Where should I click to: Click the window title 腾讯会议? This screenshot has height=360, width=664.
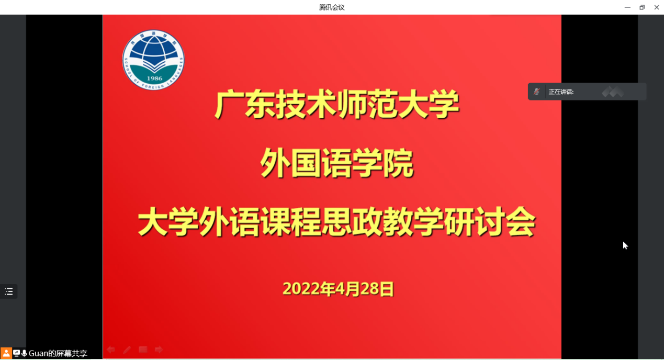[x=332, y=7]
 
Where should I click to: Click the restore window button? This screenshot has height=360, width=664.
[x=642, y=7]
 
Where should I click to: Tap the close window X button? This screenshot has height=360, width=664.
[x=657, y=7]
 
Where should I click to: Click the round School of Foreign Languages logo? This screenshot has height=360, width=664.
[x=153, y=60]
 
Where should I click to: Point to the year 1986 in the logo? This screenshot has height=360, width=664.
[x=154, y=78]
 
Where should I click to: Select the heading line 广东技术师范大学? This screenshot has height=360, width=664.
[x=337, y=105]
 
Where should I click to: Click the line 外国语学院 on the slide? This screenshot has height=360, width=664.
[x=337, y=163]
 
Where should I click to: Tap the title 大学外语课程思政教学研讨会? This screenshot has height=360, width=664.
[x=337, y=222]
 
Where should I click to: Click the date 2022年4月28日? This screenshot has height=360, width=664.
[x=338, y=289]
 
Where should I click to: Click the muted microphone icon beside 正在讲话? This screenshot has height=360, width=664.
[x=537, y=92]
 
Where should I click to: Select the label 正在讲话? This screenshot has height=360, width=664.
[x=561, y=92]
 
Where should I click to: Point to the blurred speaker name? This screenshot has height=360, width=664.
[x=613, y=92]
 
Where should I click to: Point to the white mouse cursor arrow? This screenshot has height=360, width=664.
[x=625, y=245]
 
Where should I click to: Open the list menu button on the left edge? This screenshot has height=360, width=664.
[x=9, y=291]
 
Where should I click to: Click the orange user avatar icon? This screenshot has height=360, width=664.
[x=6, y=353]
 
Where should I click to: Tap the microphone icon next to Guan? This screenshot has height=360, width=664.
[x=24, y=353]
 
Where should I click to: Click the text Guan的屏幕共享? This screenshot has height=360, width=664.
[x=58, y=354]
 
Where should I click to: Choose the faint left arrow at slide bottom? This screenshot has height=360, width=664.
[x=111, y=350]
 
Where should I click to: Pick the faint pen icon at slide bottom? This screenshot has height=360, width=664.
[x=127, y=350]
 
